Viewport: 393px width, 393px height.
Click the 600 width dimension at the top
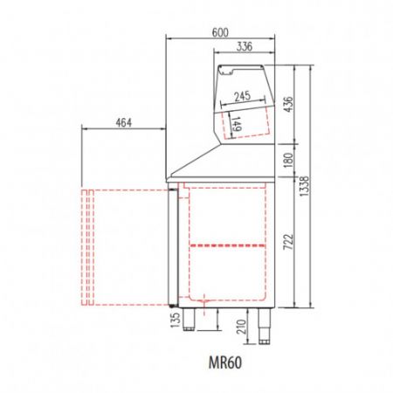tap(221, 32)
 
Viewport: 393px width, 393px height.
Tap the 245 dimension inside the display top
tap(243, 96)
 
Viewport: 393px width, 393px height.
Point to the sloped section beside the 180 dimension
tap(196, 161)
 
